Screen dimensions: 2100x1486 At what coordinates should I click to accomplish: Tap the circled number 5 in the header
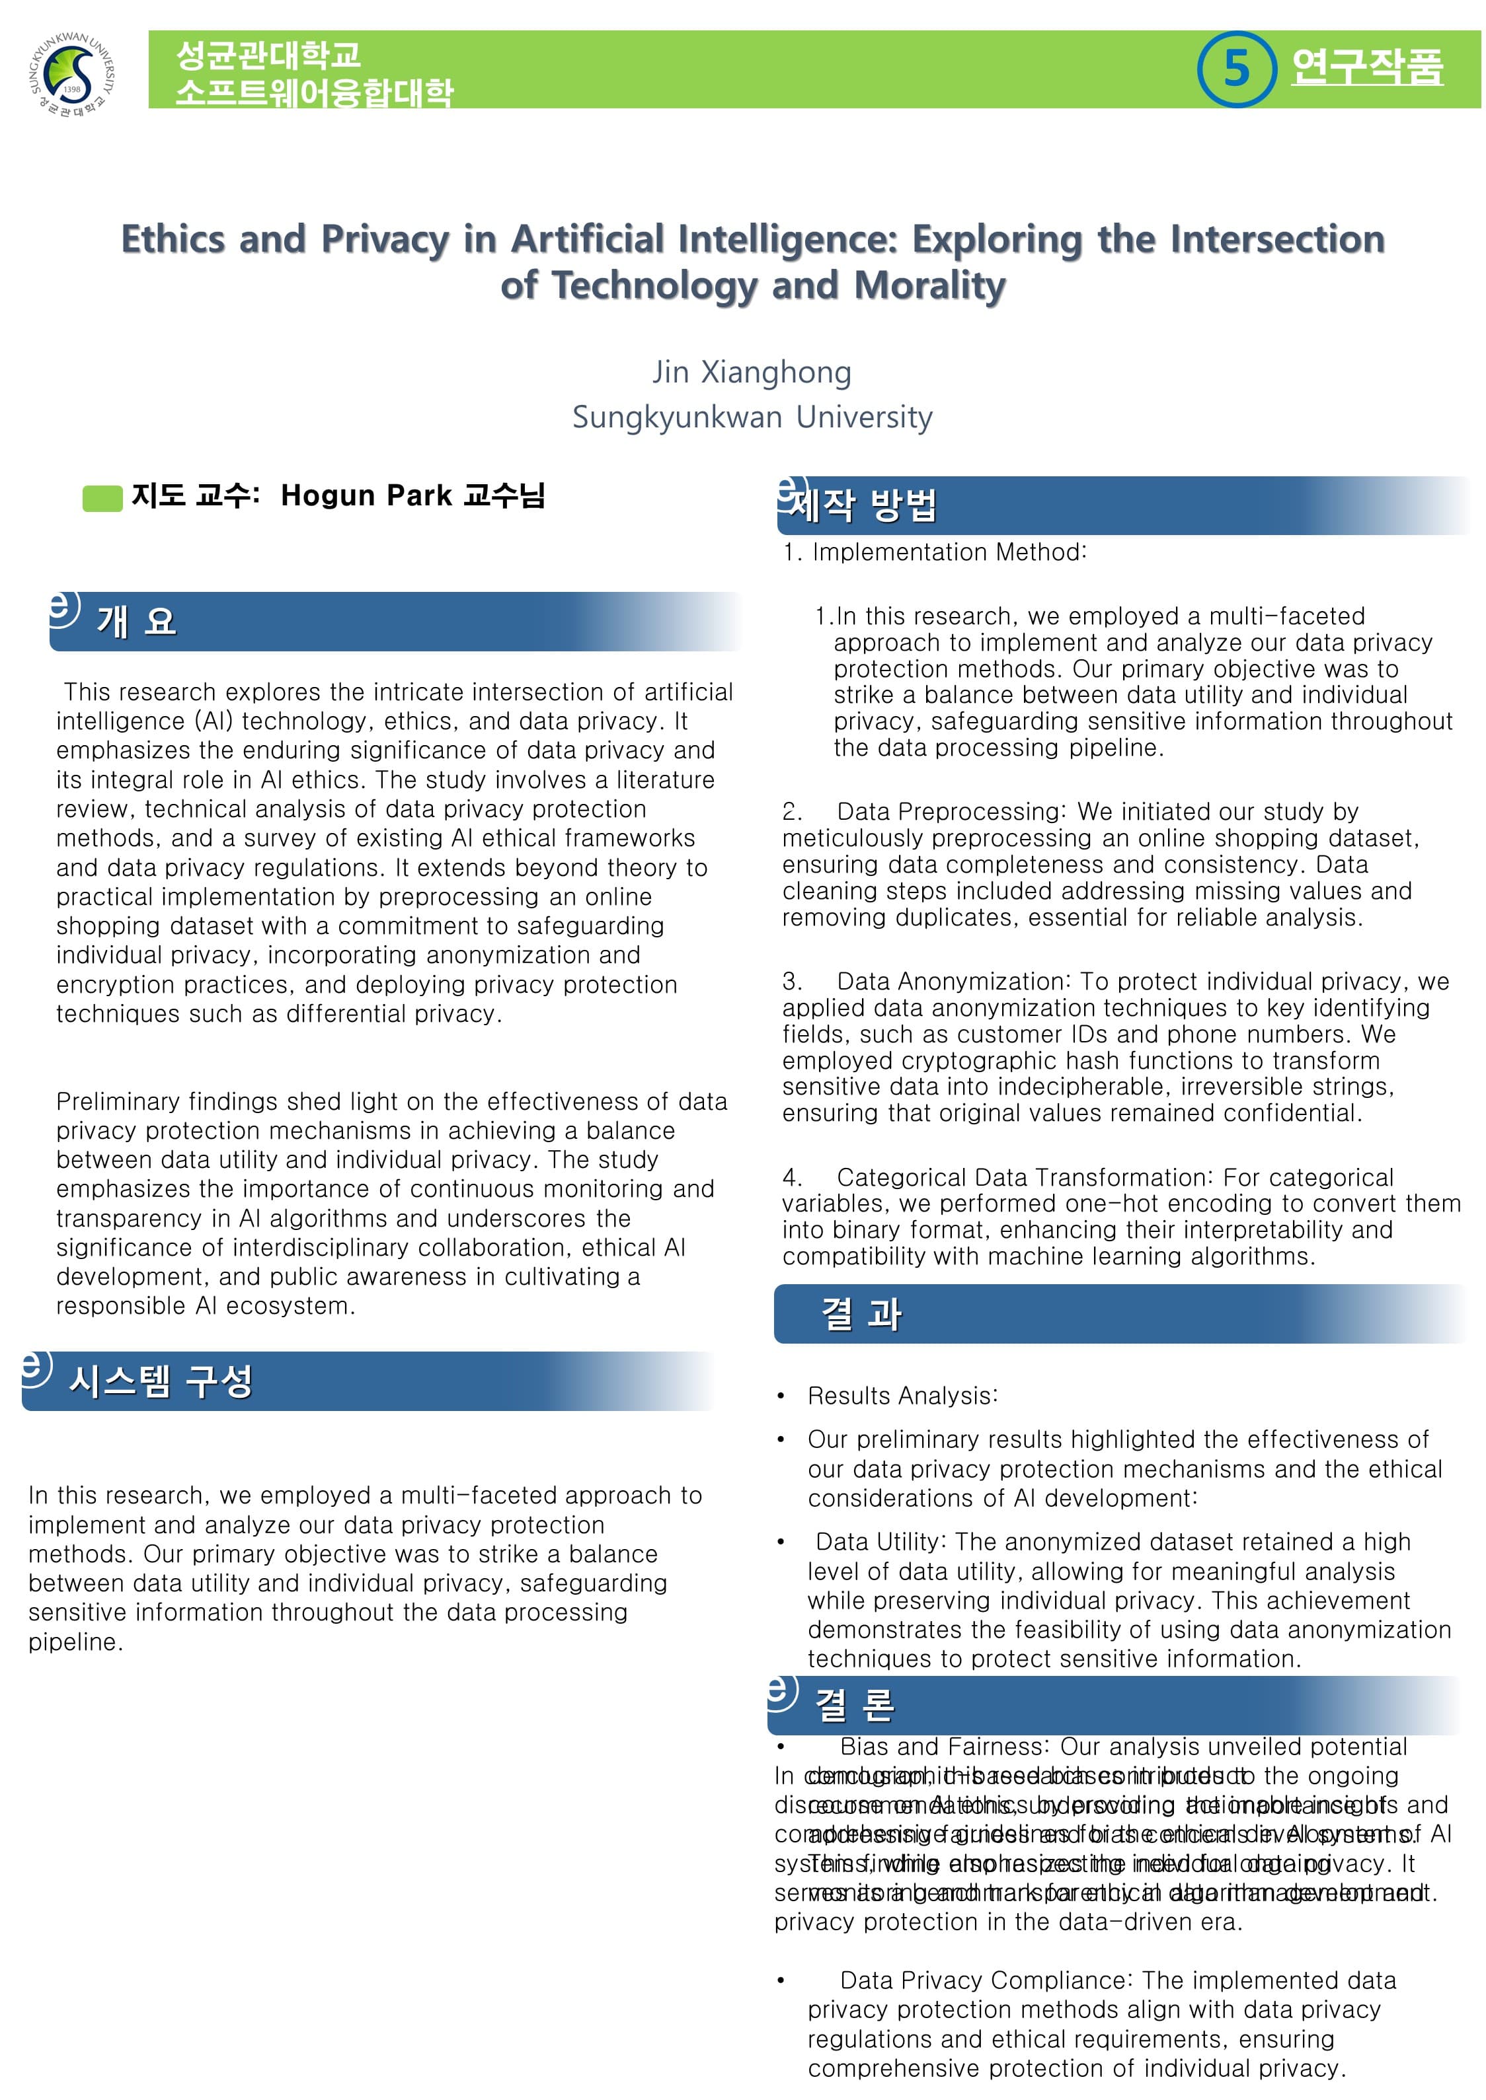click(1235, 69)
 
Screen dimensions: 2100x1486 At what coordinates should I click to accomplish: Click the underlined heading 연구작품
click(1367, 67)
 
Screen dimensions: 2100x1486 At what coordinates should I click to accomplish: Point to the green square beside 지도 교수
click(102, 499)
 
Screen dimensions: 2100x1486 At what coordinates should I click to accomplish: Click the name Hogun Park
click(366, 495)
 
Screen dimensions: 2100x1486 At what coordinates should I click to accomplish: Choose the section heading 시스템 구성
click(160, 1381)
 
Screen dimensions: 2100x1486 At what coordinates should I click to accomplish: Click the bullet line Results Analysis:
click(902, 1396)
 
